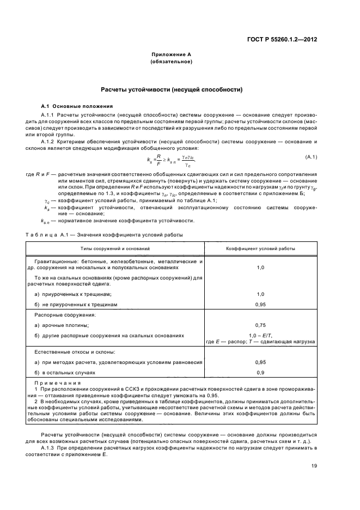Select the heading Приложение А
(x=171, y=55)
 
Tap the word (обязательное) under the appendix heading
(x=171, y=62)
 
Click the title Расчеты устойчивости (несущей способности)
(x=171, y=89)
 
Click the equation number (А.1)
(x=312, y=157)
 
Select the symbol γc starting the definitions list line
(x=47, y=201)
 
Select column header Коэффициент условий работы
(x=260, y=248)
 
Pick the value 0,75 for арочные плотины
(x=260, y=325)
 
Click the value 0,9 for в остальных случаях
(x=260, y=373)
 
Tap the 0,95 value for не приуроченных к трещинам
(x=260, y=304)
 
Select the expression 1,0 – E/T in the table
(x=260, y=335)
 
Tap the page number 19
(x=314, y=465)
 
